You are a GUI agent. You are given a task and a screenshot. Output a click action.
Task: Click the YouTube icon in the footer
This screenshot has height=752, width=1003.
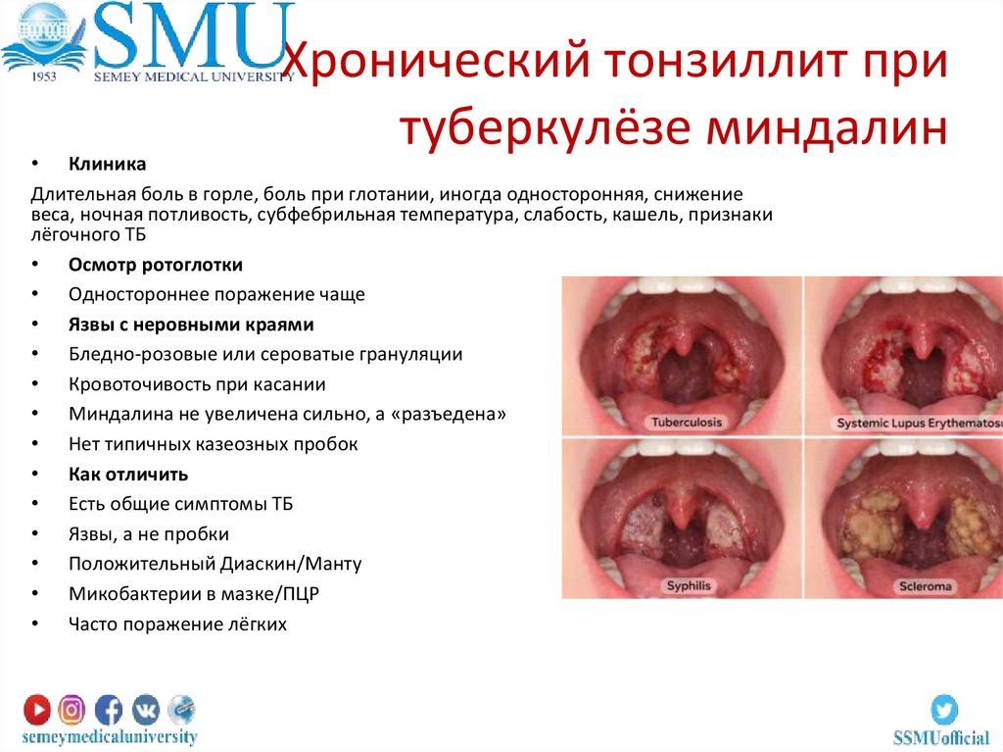(x=37, y=708)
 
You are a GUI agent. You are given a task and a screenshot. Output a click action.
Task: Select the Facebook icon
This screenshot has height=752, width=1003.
(x=109, y=708)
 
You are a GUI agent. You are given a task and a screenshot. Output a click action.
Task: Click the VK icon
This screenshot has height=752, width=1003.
(x=145, y=708)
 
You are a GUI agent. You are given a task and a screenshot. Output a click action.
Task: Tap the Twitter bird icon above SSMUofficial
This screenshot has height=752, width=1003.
(x=943, y=708)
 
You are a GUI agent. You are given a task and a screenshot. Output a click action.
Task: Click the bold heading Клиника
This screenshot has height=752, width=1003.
(x=107, y=164)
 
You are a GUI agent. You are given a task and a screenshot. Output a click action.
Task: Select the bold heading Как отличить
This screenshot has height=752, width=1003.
(x=127, y=474)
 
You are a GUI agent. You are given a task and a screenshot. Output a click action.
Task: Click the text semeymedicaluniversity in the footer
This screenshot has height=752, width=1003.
(x=111, y=735)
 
